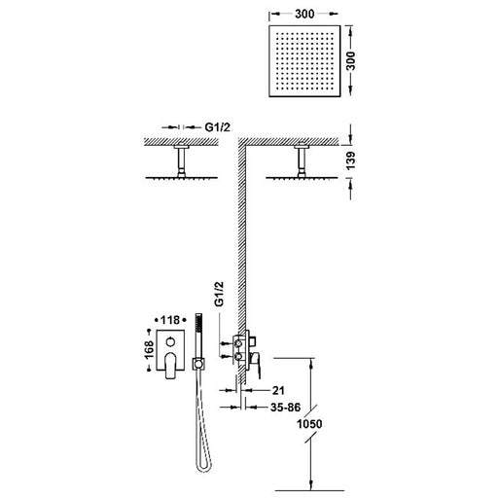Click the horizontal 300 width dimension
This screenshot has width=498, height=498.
coord(304,14)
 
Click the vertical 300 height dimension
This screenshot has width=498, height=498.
coord(350,60)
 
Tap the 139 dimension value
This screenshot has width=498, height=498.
coord(350,160)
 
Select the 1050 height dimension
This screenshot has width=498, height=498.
coord(309,424)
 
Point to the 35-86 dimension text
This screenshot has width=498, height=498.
coord(285,408)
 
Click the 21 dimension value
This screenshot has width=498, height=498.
coord(278,390)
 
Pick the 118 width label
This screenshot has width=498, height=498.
coord(170,320)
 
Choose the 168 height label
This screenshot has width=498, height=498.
coord(149,350)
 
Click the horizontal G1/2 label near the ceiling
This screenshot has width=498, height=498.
coord(218,127)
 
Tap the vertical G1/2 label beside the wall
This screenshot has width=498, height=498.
coord(219,294)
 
